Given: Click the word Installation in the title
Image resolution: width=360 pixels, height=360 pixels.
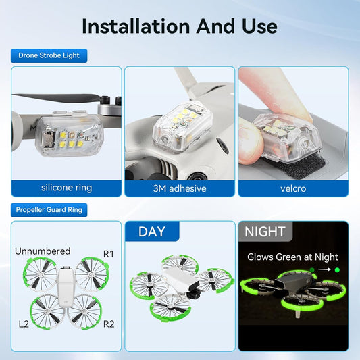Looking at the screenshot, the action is pos(136,26).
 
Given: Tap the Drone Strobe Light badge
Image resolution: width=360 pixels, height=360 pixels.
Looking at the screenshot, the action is pos(49,55).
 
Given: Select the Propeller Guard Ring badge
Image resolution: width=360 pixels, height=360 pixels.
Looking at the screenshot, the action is pos(49,210).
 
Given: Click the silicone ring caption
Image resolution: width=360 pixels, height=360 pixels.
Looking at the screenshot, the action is pos(67,188).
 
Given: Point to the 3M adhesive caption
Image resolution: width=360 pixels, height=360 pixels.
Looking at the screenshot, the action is pos(180,188).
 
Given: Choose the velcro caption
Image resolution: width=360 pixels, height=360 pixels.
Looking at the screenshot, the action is pos(293,188).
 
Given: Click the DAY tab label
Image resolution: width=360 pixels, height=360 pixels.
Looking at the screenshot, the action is pos(152,232).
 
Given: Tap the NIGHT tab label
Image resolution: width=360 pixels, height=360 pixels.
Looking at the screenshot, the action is pos(265,232).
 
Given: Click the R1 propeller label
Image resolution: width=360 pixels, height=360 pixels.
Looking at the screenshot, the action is pos(109,254).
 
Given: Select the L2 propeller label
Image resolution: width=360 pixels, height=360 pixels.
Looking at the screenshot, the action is pos(24,324).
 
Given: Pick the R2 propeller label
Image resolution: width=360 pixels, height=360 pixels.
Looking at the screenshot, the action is pos(109,324).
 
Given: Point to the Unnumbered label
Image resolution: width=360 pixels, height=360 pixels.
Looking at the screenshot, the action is pos(43,251).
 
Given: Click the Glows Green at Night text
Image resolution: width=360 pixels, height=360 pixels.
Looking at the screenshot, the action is pos(292,257).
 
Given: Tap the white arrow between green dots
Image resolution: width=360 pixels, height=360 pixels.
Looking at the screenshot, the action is pos(325,269).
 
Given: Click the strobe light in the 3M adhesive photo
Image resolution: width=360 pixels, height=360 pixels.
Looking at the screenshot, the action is pos(182,128).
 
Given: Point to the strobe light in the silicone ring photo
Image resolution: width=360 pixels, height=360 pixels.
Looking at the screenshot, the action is pos(69,135).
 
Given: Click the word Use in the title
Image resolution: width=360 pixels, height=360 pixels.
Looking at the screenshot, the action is pos(259,26).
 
